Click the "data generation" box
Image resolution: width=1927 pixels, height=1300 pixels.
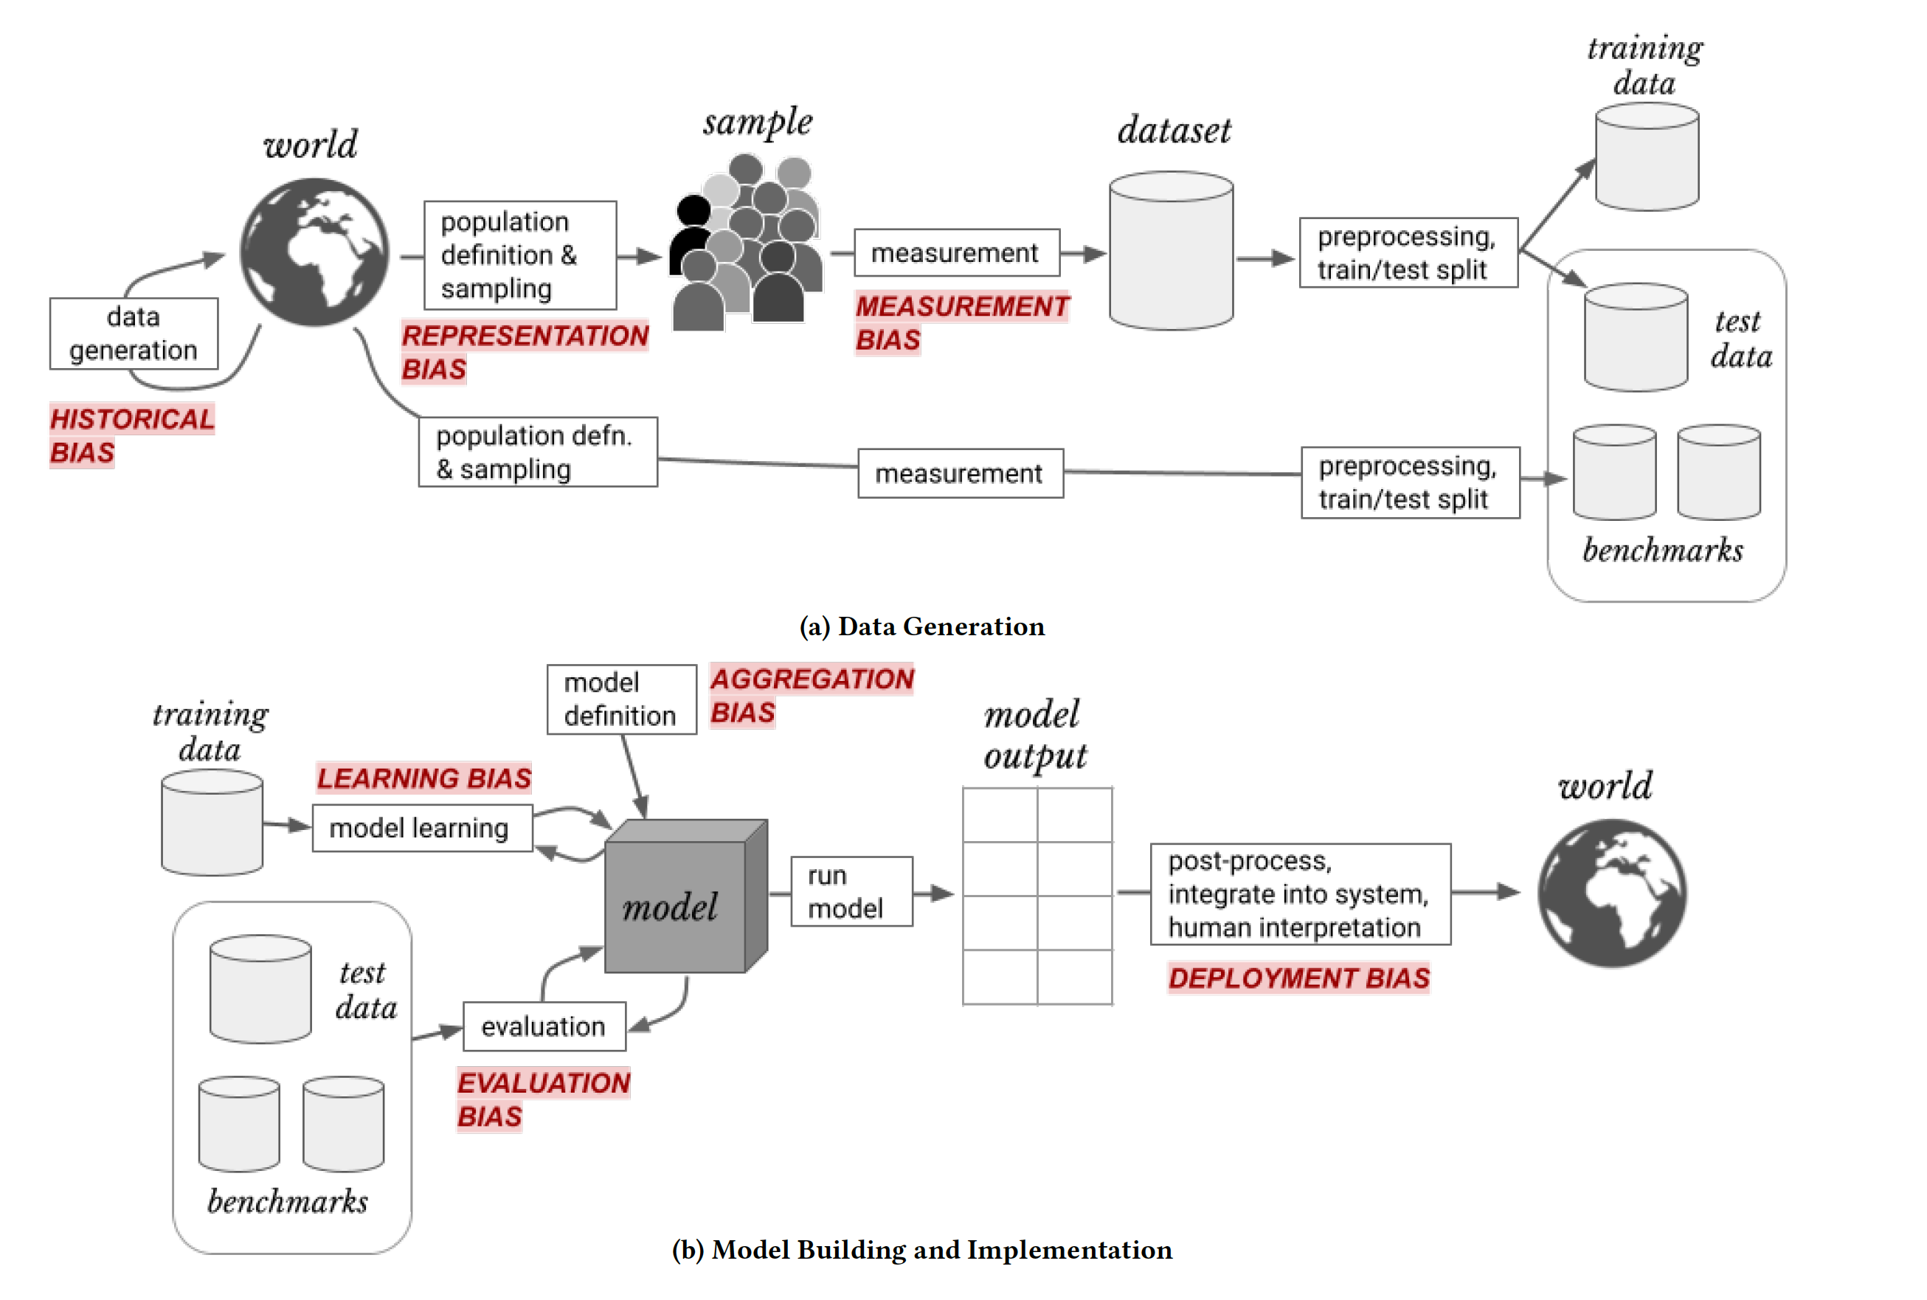tap(134, 333)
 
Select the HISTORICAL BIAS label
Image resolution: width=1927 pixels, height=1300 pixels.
tap(132, 436)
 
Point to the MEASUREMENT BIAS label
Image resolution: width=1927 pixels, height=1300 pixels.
tap(962, 323)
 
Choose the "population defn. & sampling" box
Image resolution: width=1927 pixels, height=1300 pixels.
tap(538, 452)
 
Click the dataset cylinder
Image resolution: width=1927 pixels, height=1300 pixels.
tap(1171, 250)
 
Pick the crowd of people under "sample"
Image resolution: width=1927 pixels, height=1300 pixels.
tap(747, 243)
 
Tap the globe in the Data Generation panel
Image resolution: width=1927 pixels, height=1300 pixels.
tap(314, 252)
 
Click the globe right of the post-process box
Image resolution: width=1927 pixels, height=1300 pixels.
tap(1612, 893)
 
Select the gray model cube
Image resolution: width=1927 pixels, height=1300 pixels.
tap(686, 896)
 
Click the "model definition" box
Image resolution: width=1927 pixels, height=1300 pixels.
tap(622, 699)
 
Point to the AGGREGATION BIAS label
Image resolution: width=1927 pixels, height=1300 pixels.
tap(812, 696)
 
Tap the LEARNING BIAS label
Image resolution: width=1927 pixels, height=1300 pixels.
tap(424, 778)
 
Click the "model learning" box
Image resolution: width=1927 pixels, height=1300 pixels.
tap(423, 827)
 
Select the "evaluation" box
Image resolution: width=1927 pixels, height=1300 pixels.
tap(544, 1026)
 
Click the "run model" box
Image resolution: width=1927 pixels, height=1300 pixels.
tap(852, 891)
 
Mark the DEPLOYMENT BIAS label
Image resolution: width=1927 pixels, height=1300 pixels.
tap(1298, 978)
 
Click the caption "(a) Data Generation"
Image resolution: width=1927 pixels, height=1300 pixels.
tap(921, 626)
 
